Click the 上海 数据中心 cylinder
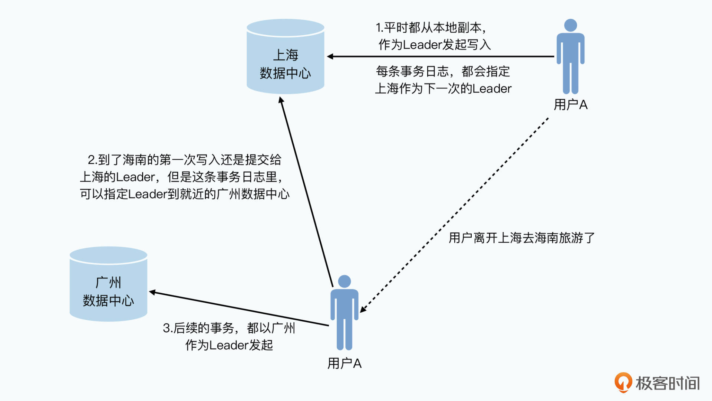point(286,58)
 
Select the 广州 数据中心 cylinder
point(108,285)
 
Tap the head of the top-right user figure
point(570,25)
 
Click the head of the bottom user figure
point(345,281)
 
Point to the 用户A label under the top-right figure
point(570,105)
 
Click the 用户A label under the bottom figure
point(344,363)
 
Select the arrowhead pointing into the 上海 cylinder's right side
point(330,56)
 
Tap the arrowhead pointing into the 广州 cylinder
point(152,292)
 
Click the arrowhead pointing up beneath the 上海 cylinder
point(281,100)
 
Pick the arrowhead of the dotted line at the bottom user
point(363,310)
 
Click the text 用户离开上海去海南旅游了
point(521,238)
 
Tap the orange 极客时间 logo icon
point(623,382)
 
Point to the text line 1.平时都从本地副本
point(431,28)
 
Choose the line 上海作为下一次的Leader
point(443,89)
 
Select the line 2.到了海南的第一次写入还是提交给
point(184,160)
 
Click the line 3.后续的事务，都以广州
point(229,328)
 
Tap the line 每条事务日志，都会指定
point(443,71)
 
